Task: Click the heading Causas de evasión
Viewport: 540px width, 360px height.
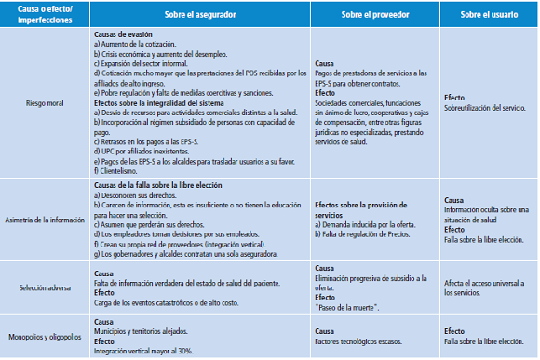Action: tap(124, 33)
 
